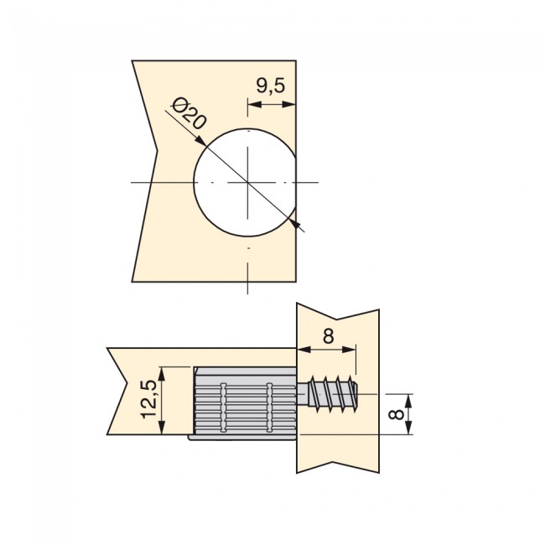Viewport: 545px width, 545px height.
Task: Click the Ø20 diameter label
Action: (x=188, y=113)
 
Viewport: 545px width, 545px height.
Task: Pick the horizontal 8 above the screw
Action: (x=328, y=335)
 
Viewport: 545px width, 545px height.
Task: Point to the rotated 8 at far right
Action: (x=398, y=414)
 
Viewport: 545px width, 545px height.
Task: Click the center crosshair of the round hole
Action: (x=247, y=182)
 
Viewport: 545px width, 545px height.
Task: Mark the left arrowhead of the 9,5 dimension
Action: (x=252, y=105)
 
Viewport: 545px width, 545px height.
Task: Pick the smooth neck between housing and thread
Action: (x=304, y=392)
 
